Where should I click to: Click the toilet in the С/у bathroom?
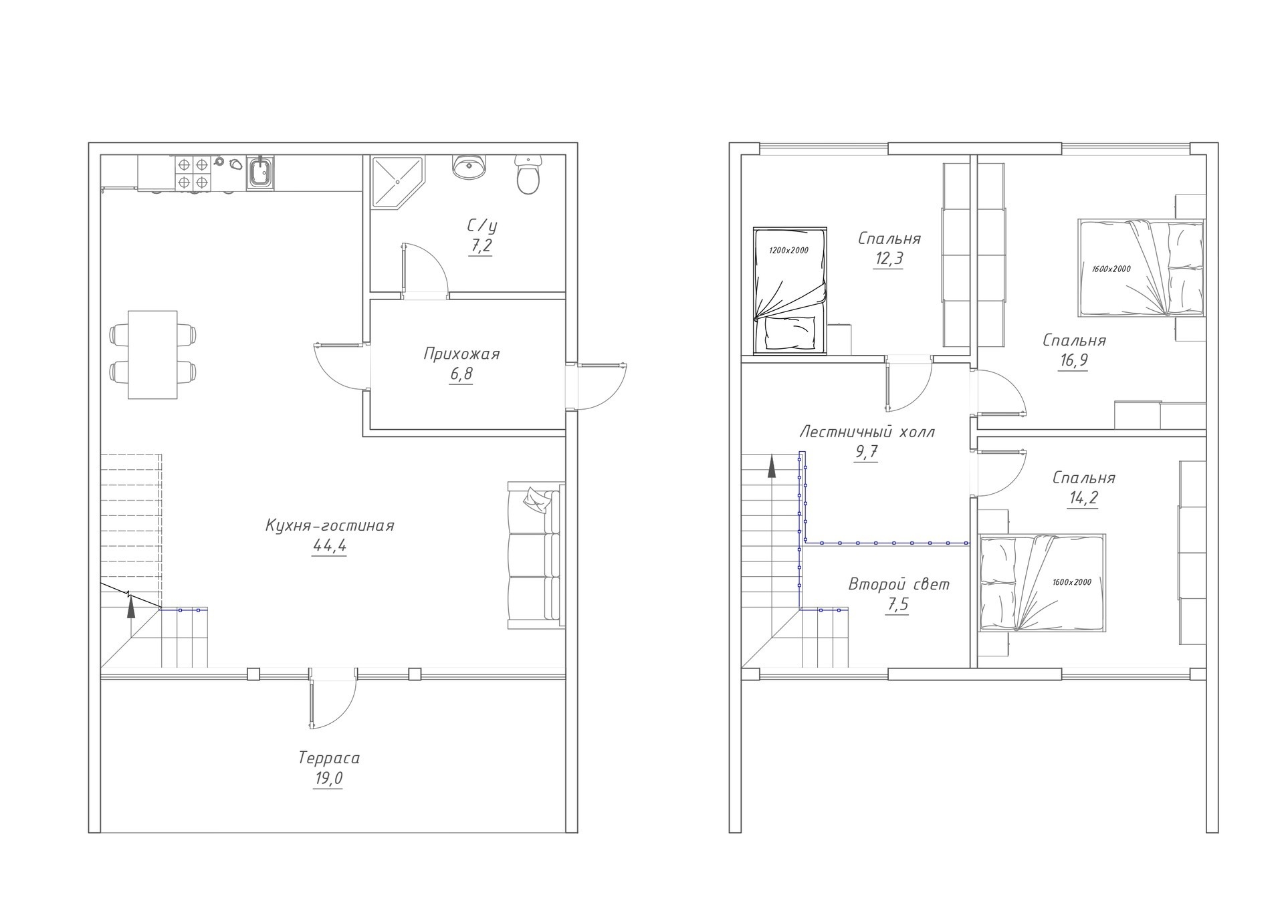(x=528, y=174)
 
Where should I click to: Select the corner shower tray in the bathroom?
(x=397, y=182)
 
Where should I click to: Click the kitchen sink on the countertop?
(x=259, y=172)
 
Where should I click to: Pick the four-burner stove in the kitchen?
(x=193, y=173)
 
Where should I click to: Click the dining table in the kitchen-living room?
(x=152, y=354)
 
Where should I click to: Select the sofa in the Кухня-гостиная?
(x=536, y=555)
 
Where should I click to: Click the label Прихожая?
(x=461, y=354)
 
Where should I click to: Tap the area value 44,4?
(x=330, y=546)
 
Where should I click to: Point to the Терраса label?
(x=329, y=758)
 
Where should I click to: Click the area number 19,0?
(x=328, y=779)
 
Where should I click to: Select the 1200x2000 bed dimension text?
(x=788, y=251)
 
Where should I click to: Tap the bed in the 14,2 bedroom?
(x=1042, y=583)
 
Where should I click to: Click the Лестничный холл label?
(x=867, y=432)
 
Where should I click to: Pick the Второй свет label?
(x=899, y=584)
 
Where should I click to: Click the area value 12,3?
(x=888, y=259)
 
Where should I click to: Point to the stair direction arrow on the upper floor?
(x=772, y=466)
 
